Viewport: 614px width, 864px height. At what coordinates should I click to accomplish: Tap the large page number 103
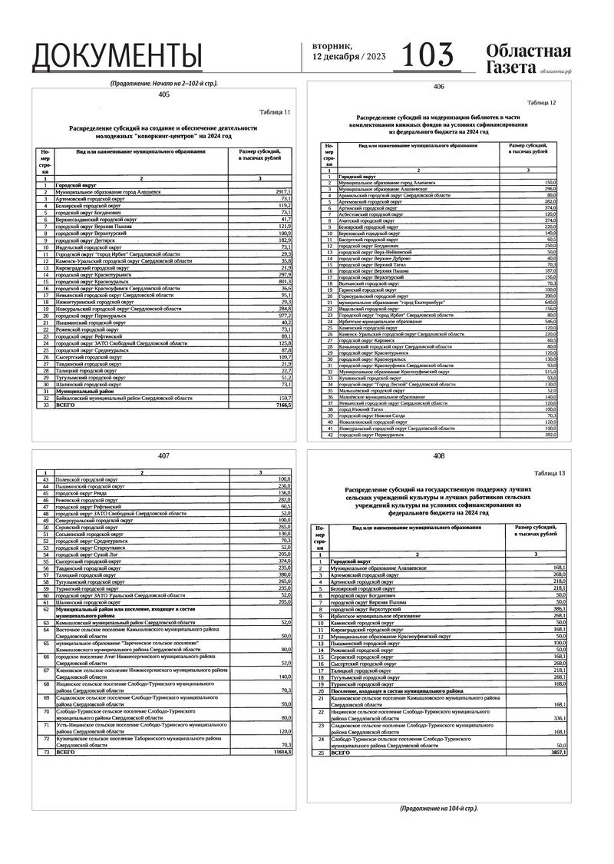pos(427,55)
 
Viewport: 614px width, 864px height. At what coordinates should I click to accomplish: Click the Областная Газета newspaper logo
pos(528,58)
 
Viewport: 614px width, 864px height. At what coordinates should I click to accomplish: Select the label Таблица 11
pos(276,112)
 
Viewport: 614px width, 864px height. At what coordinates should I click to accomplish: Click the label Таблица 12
pos(541,102)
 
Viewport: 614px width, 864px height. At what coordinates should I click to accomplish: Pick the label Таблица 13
pos(550,473)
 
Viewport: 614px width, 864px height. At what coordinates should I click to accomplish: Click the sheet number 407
pos(163,455)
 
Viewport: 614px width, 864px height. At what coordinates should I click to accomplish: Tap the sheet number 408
pos(438,456)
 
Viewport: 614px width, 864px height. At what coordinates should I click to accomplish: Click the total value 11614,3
pos(281,753)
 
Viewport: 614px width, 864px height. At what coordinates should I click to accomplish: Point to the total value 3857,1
pos(556,753)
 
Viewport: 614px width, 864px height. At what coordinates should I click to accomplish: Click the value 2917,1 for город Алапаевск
pos(282,190)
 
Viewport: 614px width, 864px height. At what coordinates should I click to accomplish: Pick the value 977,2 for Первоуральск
pos(282,316)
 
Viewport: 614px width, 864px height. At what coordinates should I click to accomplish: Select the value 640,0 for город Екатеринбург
pos(546,303)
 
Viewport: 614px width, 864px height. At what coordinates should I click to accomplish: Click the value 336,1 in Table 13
pos(557,717)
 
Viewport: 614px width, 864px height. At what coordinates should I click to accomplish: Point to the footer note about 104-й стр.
pos(438,809)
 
